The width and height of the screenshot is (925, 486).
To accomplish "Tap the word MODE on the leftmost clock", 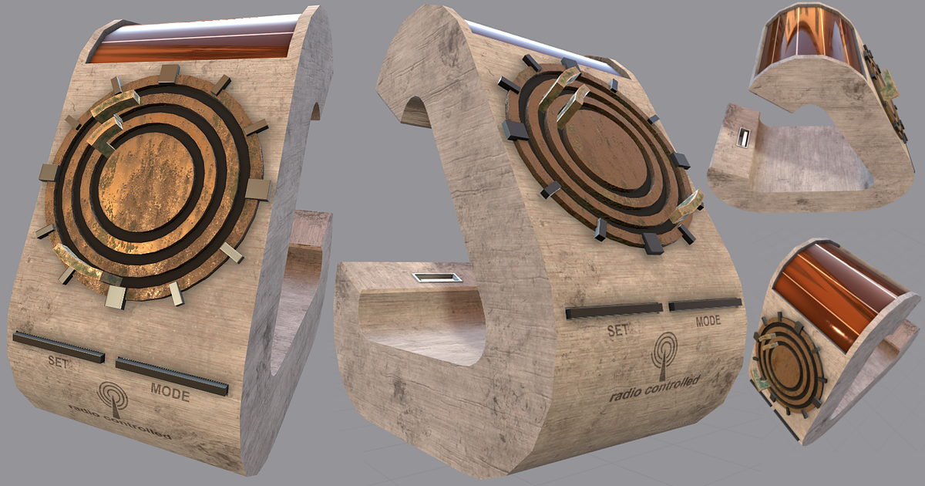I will point(170,392).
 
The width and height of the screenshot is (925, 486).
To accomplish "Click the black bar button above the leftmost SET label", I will point(59,346).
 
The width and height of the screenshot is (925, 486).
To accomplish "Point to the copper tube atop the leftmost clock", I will point(193,46).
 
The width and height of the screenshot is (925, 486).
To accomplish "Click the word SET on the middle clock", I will point(620,331).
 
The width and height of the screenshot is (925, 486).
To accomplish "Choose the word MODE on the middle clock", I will point(708,320).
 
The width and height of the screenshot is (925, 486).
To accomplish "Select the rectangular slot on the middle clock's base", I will point(436,277).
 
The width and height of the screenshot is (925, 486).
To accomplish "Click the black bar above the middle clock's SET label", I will point(614,311).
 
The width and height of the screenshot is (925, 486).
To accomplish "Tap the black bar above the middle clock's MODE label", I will point(705,304).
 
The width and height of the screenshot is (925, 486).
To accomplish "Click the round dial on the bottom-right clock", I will point(786,363).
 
